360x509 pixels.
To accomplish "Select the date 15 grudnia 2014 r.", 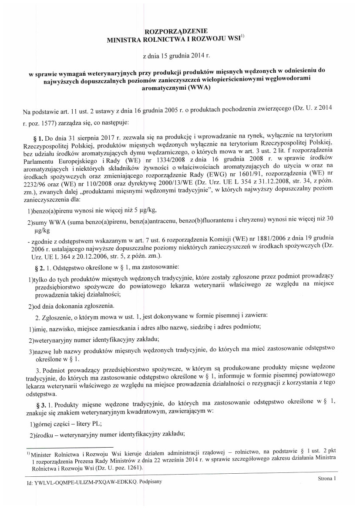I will point(181,56).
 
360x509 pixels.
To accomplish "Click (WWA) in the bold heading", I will point(197,88).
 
